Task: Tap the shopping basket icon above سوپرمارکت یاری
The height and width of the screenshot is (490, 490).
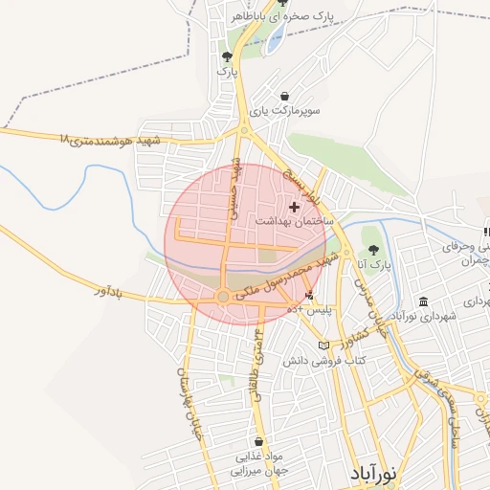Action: click(285, 96)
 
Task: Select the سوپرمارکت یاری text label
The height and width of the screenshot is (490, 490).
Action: click(285, 111)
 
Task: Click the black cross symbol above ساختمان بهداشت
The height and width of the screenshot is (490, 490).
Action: click(294, 206)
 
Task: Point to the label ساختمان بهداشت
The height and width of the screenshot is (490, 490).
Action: click(295, 221)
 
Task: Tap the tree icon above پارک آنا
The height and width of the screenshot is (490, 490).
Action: click(373, 249)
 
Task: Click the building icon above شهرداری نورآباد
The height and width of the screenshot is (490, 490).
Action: click(423, 301)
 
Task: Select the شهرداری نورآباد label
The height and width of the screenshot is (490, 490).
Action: click(423, 316)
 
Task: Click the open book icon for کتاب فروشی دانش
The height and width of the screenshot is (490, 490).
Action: click(323, 345)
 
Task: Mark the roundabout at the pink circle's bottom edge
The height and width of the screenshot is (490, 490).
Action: click(223, 297)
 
